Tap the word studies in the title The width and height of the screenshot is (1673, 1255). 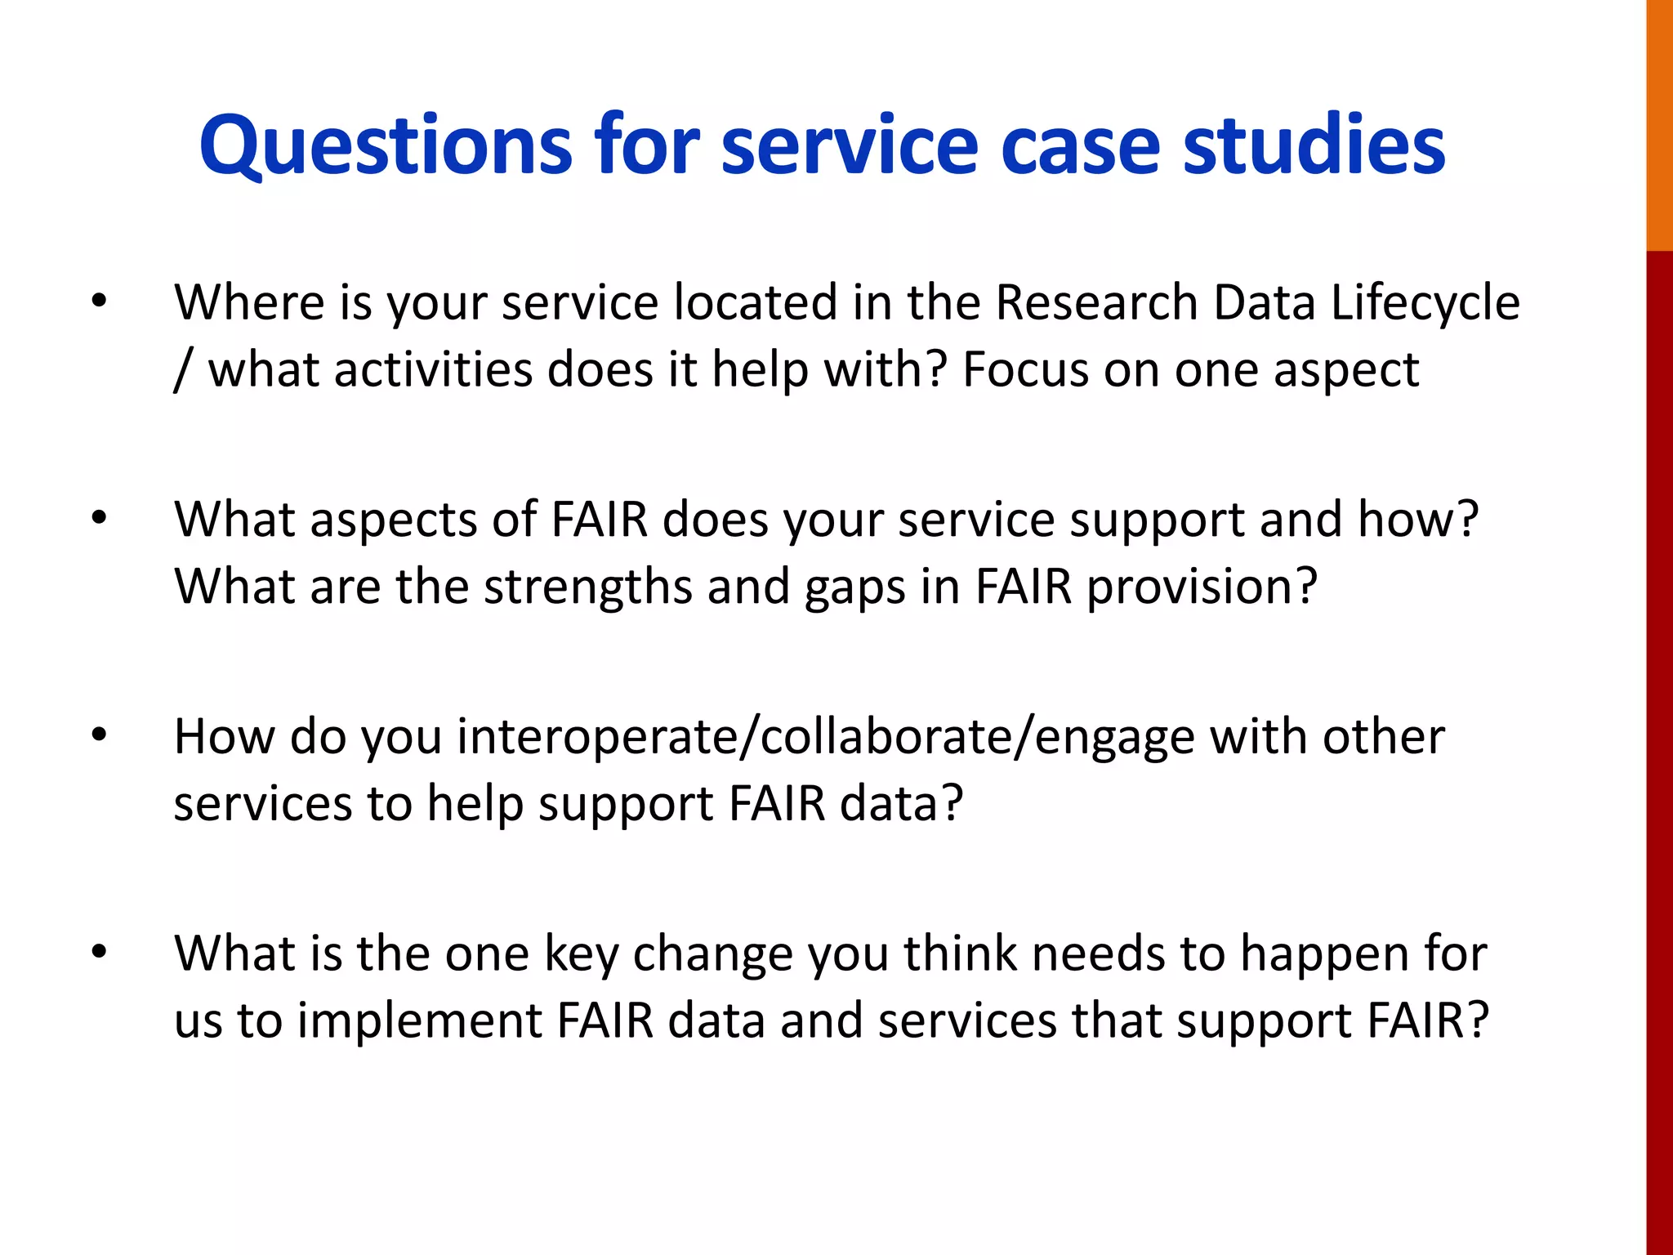click(x=1314, y=145)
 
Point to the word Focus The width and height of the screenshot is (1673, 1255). click(x=1025, y=370)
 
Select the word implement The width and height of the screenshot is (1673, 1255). click(x=417, y=1021)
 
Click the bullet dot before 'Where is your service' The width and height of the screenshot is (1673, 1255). click(x=100, y=301)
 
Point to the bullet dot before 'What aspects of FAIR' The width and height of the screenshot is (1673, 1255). click(x=100, y=519)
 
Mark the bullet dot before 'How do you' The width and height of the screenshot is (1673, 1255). click(x=100, y=735)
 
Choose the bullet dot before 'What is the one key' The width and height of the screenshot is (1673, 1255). click(x=100, y=953)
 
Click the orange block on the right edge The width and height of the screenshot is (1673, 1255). click(x=1659, y=123)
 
